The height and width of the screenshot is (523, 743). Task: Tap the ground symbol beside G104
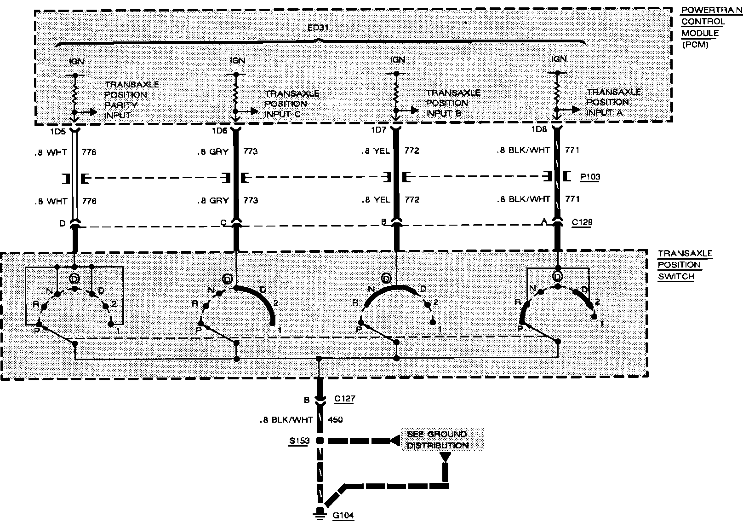pos(318,515)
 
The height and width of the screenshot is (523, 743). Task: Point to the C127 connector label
pos(344,399)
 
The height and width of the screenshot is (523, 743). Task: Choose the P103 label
pos(590,177)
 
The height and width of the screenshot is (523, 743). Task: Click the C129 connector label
pos(582,222)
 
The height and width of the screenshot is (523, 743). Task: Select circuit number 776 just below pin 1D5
pos(89,152)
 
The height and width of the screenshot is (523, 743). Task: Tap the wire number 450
pos(335,419)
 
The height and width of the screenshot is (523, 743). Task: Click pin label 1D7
pos(379,130)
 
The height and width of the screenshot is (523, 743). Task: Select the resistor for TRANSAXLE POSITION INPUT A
pos(557,92)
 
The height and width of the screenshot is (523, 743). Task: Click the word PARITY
pos(121,105)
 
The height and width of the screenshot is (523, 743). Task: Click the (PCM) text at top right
pos(695,45)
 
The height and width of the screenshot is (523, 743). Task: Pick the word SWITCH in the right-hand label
pos(675,277)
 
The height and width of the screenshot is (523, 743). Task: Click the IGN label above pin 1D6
pos(237,60)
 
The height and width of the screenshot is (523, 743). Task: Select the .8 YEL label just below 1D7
pos(376,151)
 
